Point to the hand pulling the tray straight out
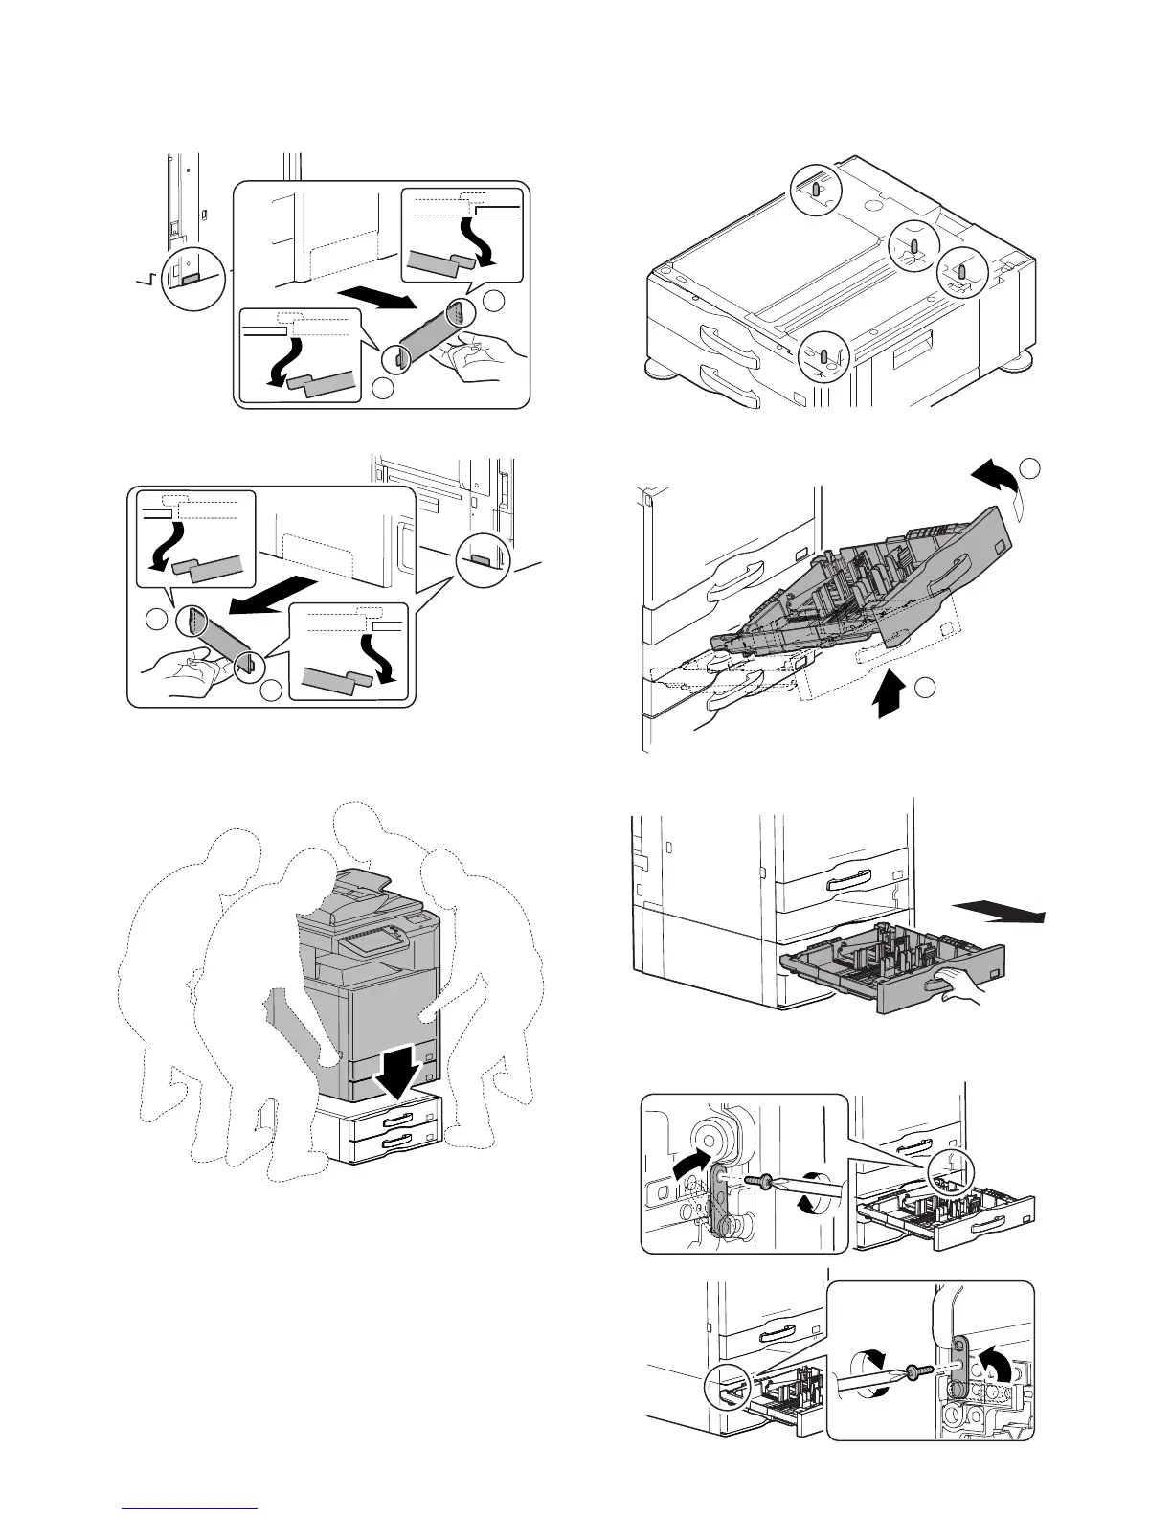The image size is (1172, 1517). click(958, 986)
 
